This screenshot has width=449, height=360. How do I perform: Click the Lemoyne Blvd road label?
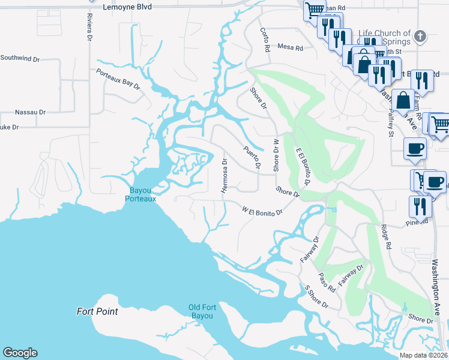tap(128, 7)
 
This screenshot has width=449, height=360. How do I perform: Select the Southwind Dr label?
tap(20, 59)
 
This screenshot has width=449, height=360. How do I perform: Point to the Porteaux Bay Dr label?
tap(118, 80)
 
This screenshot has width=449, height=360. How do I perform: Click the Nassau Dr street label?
tap(30, 112)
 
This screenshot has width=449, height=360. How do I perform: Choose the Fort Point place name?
tap(97, 311)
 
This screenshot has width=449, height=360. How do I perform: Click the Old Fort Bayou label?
tap(201, 311)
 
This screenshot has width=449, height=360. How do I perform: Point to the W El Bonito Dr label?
tap(262, 211)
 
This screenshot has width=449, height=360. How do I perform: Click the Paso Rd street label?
tap(327, 281)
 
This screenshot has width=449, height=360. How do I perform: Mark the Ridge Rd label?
tap(385, 237)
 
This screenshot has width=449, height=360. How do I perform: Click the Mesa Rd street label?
tap(291, 47)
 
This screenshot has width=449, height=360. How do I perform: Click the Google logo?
tap(20, 353)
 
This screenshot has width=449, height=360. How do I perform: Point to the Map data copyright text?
tap(424, 355)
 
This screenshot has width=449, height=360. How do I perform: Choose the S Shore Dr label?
tap(316, 297)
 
